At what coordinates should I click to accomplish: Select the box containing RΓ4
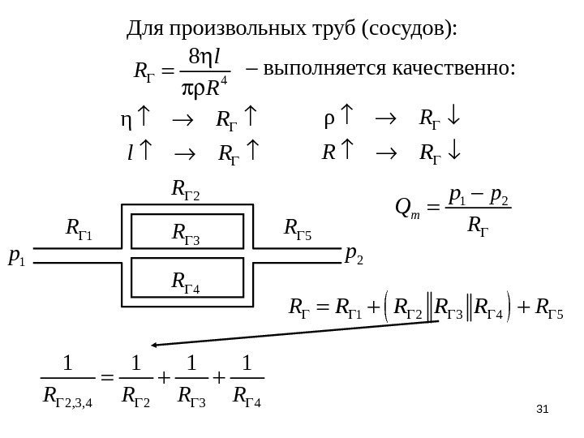(187, 281)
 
